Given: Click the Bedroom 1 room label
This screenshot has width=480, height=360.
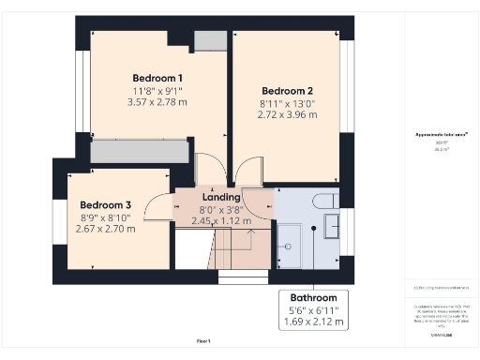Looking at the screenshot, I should point(157,78).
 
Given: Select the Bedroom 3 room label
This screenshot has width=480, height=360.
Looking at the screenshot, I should point(105,205).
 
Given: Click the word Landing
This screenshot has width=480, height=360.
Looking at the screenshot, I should point(221,198).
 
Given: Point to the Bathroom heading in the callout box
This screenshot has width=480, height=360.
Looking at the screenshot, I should point(313,297).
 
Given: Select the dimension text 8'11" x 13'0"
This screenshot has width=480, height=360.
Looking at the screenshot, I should point(287,103).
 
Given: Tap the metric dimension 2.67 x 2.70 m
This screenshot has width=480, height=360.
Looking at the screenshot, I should point(105,229).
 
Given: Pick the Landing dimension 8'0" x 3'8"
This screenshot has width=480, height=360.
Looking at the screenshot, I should point(221,210).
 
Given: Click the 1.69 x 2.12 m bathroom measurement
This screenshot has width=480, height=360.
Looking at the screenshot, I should point(313,322).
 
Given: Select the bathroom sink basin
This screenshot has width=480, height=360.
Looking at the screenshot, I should point(332,225).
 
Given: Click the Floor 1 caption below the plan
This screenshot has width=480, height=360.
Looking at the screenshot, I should point(203,340).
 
